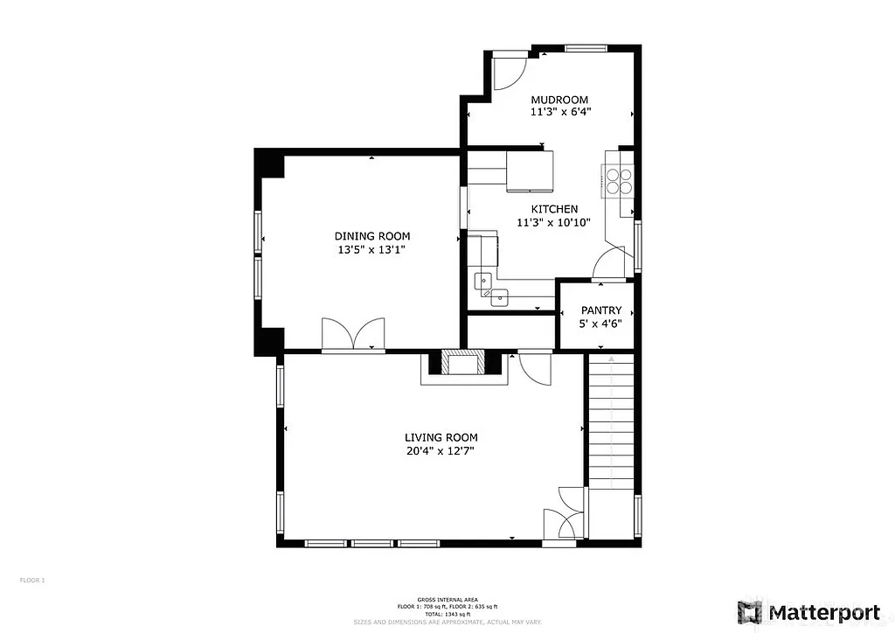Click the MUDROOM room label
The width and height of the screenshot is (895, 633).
click(559, 100)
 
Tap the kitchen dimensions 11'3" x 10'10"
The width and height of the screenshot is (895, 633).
click(553, 222)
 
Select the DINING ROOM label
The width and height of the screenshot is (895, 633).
click(372, 236)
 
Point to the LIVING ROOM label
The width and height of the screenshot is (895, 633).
click(441, 437)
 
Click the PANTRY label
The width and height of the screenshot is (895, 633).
click(601, 310)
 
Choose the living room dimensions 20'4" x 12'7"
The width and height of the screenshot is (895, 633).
click(441, 451)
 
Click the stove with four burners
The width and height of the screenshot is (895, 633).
click(620, 179)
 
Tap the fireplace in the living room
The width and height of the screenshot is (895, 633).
click(463, 363)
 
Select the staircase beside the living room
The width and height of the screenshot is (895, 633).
click(611, 420)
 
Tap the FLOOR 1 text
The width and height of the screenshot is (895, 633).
click(31, 580)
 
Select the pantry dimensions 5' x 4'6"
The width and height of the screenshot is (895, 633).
click(601, 323)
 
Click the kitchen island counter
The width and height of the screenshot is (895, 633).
click(530, 170)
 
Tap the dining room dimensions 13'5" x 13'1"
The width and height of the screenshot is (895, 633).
click(372, 249)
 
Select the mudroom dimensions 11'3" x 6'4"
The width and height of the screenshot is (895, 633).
click(559, 112)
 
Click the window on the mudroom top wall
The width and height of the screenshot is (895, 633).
click(586, 48)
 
